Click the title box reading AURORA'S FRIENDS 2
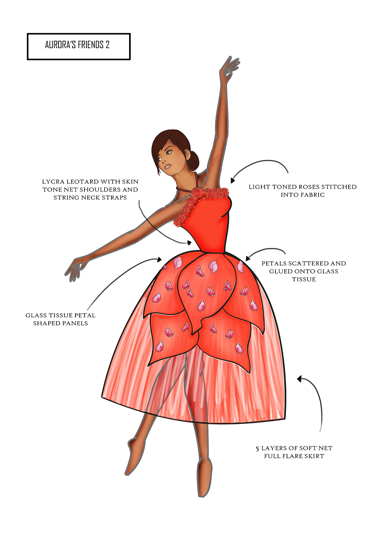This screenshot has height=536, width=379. [79, 47]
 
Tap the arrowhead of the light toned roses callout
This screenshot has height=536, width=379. [232, 180]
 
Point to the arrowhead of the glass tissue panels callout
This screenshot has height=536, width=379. [159, 259]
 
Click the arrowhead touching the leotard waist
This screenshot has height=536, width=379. [189, 243]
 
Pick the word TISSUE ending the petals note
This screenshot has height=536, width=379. [304, 279]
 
